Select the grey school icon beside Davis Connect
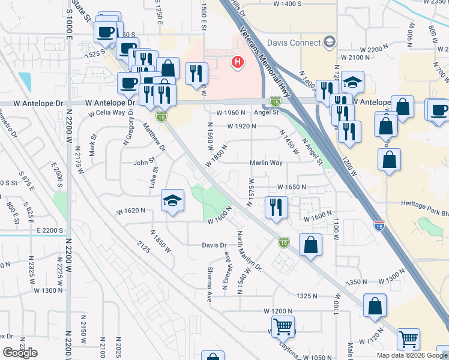coord(329,42)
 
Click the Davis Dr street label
coord(214,245)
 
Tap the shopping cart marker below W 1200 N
coord(283,327)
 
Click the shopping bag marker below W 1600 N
coord(310,244)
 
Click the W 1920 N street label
coord(242,127)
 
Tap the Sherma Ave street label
coord(209,284)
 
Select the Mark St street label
coord(93,145)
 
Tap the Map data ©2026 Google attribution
coord(412,355)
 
